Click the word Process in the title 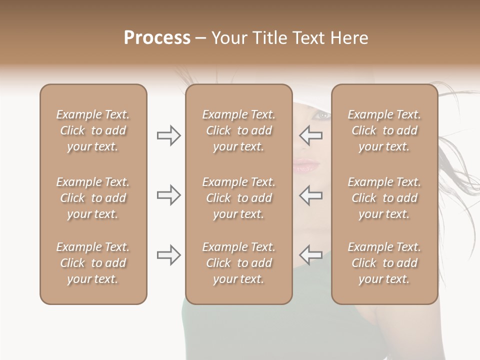tap(157, 38)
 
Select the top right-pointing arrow tap(168, 135)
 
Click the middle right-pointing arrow tap(168, 195)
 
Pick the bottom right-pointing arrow tap(168, 255)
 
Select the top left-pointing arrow tap(311, 135)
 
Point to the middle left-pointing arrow tap(311, 195)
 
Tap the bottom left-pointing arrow tap(311, 255)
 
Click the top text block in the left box tap(93, 130)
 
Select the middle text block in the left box tap(93, 198)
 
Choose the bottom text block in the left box tap(93, 263)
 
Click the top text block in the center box tap(238, 130)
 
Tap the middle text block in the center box tap(238, 198)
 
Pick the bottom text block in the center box tap(238, 263)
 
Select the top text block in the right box tap(384, 130)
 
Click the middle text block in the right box tap(384, 198)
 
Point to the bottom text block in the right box tap(384, 263)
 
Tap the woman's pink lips tap(302, 165)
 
